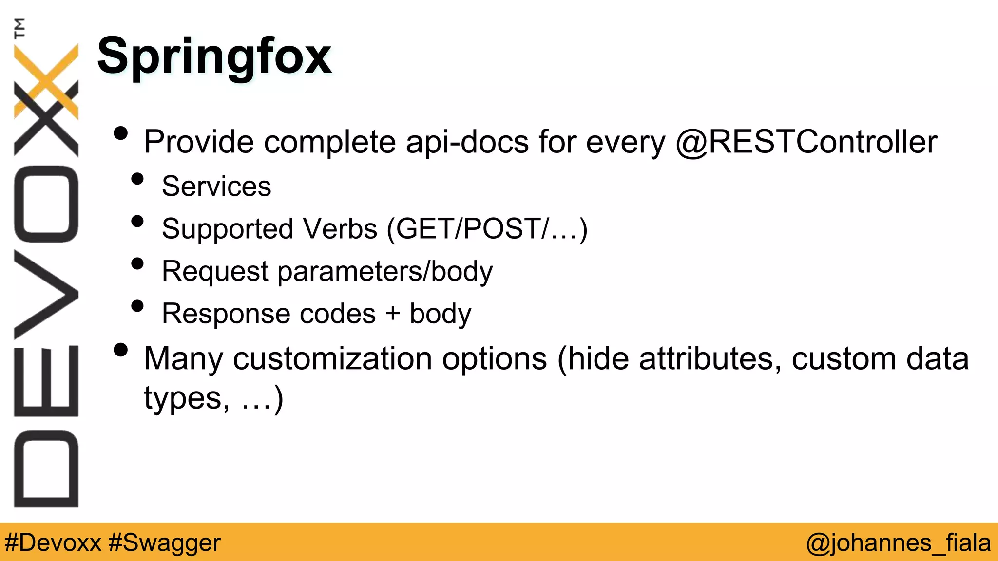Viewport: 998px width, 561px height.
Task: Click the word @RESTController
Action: pos(806,142)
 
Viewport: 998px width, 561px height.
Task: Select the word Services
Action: pos(216,186)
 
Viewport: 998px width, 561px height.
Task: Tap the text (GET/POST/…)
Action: pos(487,229)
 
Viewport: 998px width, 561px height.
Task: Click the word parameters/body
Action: pos(385,271)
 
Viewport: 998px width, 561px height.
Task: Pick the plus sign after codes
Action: pos(392,314)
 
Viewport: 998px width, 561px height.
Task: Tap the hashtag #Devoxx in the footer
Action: pos(53,542)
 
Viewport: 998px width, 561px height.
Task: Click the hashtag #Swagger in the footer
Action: pos(165,542)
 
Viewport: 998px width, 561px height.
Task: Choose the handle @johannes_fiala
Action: pos(898,542)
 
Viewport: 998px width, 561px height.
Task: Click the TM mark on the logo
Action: pos(19,28)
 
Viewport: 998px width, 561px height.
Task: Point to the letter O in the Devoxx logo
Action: pos(46,204)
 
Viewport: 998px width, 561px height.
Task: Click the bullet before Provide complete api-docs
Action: pos(120,133)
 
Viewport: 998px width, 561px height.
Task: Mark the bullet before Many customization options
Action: pos(120,350)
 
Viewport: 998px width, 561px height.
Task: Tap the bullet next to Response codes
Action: pos(138,306)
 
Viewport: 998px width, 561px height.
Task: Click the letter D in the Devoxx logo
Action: pos(46,468)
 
